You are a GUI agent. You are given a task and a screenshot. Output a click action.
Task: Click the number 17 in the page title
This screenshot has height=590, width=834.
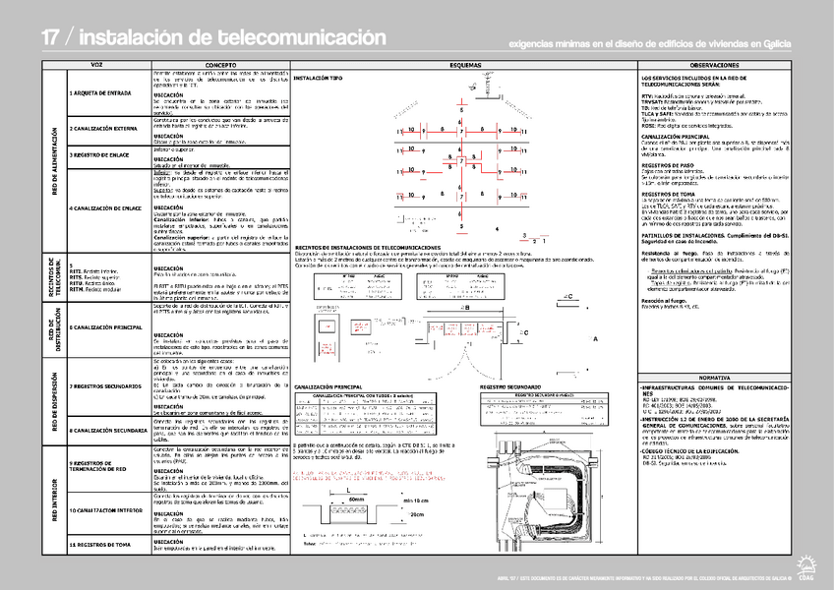pos(52,37)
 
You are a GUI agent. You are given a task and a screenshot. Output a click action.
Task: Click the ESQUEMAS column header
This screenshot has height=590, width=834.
pos(465,64)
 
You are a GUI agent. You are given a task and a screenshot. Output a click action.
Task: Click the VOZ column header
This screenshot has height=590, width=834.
pos(96,64)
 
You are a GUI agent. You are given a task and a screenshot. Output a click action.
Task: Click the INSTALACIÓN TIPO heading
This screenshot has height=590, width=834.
pos(319,77)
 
